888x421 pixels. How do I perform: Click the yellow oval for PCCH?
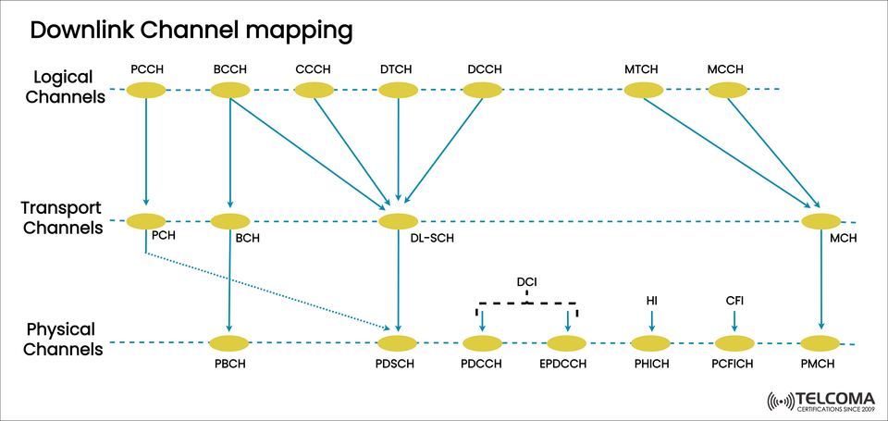point(145,90)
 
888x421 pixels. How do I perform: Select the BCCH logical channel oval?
point(229,90)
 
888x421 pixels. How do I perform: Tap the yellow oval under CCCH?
point(314,90)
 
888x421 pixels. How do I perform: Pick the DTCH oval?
point(398,90)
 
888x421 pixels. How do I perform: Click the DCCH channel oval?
point(482,90)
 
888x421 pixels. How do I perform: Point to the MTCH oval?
point(644,90)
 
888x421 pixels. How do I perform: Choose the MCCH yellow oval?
point(728,90)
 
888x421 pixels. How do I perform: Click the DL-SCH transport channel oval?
point(398,221)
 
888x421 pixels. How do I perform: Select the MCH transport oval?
point(820,221)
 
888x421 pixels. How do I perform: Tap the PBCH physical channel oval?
point(229,343)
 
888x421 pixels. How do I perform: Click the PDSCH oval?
point(398,343)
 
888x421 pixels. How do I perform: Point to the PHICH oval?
point(652,343)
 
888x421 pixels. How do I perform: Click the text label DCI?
point(526,281)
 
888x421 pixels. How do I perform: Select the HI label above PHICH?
point(652,301)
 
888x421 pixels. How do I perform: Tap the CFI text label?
point(734,301)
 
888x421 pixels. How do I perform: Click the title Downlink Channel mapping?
point(191,31)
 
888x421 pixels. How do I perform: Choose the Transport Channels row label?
point(64,217)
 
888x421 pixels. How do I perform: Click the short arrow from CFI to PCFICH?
point(734,321)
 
